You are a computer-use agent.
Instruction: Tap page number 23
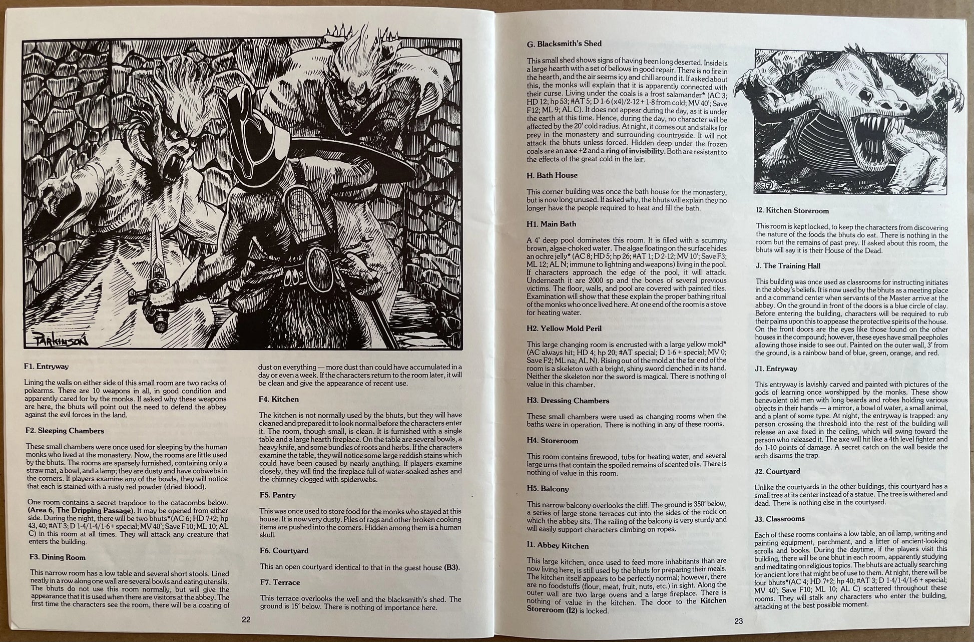point(739,621)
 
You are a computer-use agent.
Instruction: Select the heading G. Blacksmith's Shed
point(564,44)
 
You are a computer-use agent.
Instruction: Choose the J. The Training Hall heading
point(788,266)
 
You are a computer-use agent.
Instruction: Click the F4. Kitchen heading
point(279,399)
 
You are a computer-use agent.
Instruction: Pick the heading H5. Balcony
point(548,488)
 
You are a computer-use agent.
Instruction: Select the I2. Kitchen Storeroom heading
point(792,211)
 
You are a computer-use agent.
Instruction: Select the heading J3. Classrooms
point(779,519)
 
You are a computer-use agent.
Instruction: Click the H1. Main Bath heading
point(551,224)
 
